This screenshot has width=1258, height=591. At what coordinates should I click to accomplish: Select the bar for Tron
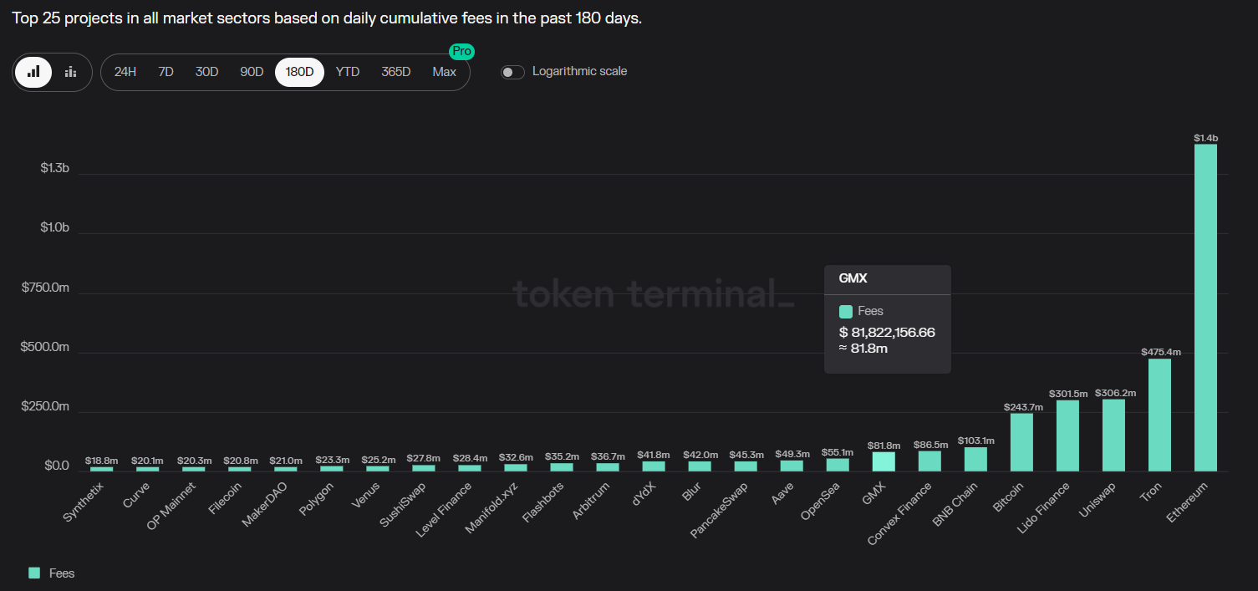click(x=1159, y=415)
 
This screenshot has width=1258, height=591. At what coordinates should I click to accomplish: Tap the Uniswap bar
click(x=1113, y=436)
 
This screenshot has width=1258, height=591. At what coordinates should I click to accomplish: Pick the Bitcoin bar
click(x=1021, y=442)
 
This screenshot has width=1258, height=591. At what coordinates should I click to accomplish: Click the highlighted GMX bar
click(x=884, y=461)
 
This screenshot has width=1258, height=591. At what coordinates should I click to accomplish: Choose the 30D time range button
click(x=206, y=72)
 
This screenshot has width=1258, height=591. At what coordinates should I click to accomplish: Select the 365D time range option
click(x=395, y=72)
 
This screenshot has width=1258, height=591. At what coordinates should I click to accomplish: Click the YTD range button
click(x=347, y=72)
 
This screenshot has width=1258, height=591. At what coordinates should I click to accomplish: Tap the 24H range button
click(x=125, y=72)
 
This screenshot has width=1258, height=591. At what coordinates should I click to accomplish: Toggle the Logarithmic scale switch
click(x=512, y=72)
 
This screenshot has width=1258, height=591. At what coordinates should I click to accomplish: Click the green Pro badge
click(x=461, y=52)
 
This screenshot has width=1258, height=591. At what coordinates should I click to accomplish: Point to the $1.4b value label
click(x=1205, y=138)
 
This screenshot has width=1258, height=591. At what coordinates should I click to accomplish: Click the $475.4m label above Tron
click(x=1159, y=352)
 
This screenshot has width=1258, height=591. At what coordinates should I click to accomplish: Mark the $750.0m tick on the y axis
click(x=44, y=288)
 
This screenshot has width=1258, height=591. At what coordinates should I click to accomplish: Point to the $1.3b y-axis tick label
click(x=54, y=169)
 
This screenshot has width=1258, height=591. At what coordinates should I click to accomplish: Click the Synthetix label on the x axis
click(x=82, y=504)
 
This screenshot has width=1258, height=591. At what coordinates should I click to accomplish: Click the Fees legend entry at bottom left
click(x=52, y=573)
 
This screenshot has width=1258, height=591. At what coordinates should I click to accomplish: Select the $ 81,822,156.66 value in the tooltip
click(x=886, y=332)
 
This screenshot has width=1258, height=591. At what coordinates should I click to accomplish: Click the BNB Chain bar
click(x=975, y=459)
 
